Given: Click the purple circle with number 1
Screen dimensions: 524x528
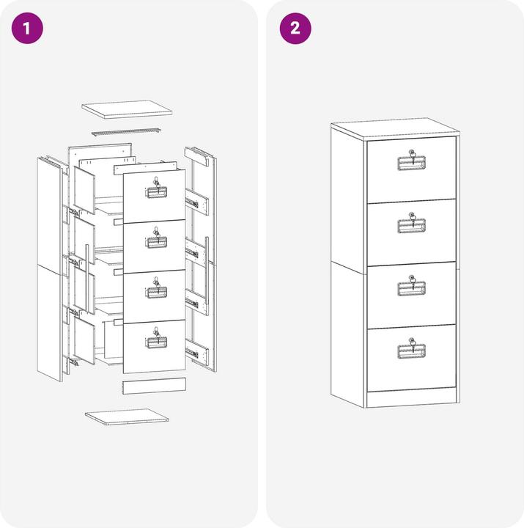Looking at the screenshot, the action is pos(27,29).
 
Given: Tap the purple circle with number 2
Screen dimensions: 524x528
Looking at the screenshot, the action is pos(295,29).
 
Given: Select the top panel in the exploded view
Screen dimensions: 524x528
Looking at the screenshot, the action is pos(127,109).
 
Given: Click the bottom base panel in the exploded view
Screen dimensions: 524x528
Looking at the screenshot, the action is pos(127,417).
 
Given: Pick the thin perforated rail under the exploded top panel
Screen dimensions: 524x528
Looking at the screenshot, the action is pos(126,132).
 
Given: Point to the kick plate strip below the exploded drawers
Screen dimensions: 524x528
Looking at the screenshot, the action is pos(154,386).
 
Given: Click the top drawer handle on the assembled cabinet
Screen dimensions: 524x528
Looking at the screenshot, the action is pos(412,163).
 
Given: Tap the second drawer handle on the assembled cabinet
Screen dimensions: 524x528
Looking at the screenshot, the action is pos(412,226).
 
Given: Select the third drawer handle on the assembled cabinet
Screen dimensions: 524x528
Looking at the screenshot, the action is pos(412,289).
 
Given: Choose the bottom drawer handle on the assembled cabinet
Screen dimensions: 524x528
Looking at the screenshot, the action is pos(412,351).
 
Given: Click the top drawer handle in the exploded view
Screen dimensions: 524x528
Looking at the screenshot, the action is pos(157,192).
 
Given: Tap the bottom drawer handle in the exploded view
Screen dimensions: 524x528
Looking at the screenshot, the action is pos(157,342).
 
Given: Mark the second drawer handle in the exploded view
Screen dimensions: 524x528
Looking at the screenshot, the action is pos(157,242).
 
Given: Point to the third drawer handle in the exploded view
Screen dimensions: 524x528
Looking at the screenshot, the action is pos(157,293).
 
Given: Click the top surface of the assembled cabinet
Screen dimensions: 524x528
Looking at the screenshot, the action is pos(396,129).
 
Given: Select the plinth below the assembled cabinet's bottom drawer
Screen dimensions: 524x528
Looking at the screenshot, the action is pos(411,399).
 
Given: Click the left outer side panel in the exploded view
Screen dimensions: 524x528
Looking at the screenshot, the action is pos(49,269).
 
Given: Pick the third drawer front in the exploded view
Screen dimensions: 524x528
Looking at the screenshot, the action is pos(154,296).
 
